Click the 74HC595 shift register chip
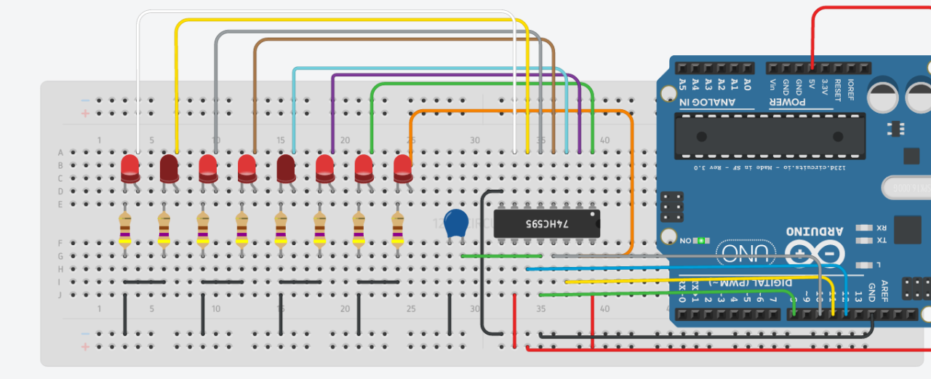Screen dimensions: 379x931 pos(547,223)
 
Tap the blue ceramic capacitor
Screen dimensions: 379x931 pos(455,223)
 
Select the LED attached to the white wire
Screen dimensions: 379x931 pos(130,169)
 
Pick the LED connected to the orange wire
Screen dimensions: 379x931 pos(402,169)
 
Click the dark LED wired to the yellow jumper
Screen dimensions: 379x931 pos(169,169)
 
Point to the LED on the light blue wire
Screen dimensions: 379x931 pos(286,169)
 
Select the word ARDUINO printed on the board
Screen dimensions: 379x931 pos(815,231)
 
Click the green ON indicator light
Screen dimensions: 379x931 pos(701,240)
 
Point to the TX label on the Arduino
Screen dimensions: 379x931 pos(881,240)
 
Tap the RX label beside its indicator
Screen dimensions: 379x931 pos(881,227)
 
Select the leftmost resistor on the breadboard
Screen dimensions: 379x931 pos(125,231)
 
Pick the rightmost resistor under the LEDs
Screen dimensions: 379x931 pos(397,231)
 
